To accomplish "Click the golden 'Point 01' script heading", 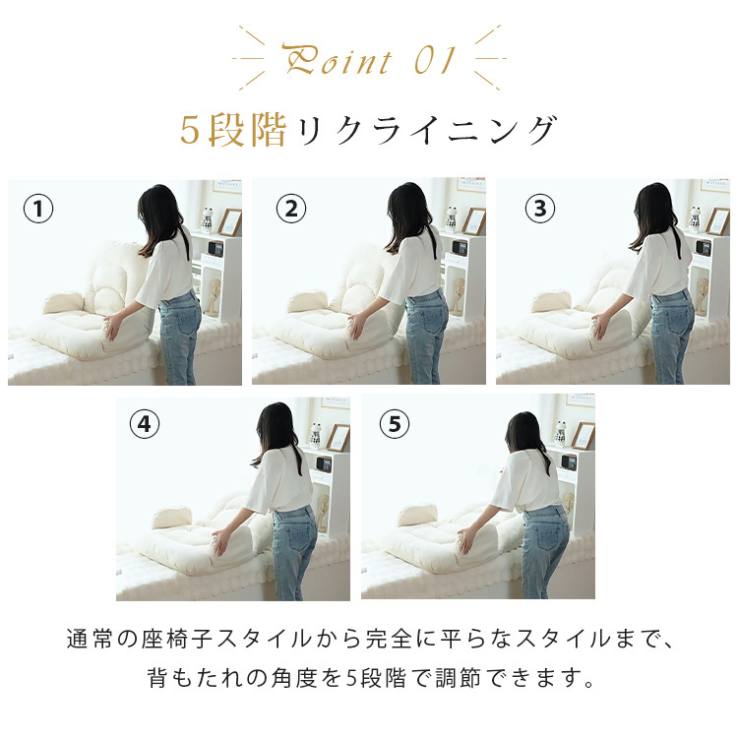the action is click(x=369, y=59).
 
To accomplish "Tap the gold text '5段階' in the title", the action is click(x=233, y=130).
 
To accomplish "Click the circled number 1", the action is click(x=38, y=209).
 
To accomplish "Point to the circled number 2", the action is click(x=291, y=209).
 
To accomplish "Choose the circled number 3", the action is click(x=540, y=209).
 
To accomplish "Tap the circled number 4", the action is click(x=145, y=424).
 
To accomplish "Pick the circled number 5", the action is click(x=395, y=424).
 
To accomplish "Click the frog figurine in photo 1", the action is click(x=208, y=219).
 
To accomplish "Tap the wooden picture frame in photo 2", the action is click(x=473, y=221).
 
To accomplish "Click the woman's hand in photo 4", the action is click(x=219, y=542).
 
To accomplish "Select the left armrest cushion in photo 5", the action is click(x=416, y=515).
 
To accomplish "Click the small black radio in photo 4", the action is click(x=324, y=463).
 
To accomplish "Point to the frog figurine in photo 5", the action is click(x=560, y=434).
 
